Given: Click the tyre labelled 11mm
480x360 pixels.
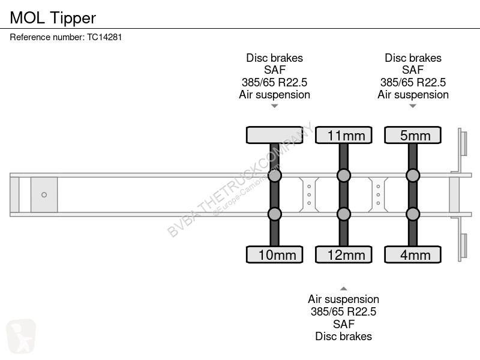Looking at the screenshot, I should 343,135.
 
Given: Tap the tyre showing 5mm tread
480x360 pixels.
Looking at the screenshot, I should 412,135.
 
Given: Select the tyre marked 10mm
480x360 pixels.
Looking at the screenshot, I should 274,254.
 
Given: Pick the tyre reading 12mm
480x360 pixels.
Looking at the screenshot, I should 343,254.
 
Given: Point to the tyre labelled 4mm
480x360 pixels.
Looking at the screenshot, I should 412,254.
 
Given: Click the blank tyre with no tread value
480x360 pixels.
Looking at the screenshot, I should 274,135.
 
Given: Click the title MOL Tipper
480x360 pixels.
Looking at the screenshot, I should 53,18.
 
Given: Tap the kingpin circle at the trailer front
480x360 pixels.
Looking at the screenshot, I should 44,194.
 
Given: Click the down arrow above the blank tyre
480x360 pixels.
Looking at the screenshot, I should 274,106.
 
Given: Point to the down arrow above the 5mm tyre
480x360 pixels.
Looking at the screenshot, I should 413,106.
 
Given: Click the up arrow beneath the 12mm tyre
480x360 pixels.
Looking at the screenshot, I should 343,288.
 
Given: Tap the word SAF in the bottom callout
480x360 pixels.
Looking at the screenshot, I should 343,324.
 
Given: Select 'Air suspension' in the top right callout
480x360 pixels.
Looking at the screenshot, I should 413,95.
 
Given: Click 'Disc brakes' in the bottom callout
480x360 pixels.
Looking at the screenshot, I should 343,336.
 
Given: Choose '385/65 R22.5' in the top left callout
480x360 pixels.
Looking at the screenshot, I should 274,82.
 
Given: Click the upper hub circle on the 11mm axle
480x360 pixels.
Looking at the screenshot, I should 343,175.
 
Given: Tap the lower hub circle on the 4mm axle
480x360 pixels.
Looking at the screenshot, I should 412,214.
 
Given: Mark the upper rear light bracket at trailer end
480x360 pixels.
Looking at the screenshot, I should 463,144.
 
